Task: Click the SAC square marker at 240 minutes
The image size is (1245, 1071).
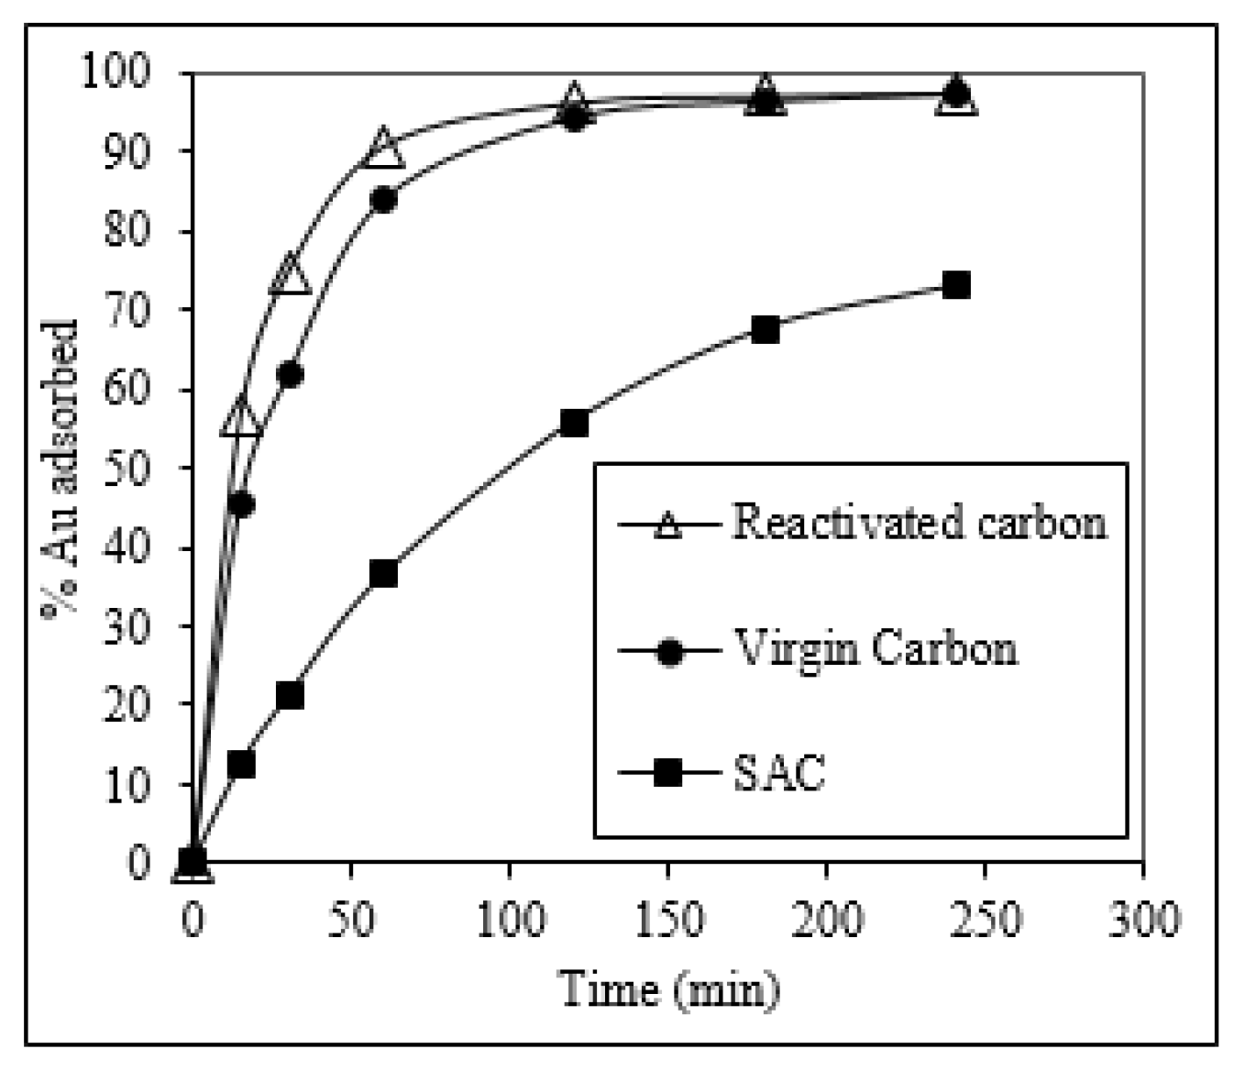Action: pos(955,285)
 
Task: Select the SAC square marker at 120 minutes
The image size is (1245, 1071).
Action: pos(573,423)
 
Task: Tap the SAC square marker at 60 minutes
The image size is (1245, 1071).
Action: pos(383,573)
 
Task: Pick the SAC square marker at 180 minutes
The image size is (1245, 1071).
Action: pos(765,330)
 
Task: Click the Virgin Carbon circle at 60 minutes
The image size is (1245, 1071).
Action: pos(383,200)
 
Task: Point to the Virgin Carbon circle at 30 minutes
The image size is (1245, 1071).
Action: pos(290,375)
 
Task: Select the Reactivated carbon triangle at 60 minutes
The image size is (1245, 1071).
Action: pos(383,149)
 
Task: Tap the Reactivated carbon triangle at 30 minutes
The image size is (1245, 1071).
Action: pos(290,275)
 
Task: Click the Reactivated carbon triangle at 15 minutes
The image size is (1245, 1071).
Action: pos(241,417)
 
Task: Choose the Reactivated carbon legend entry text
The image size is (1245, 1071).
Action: pos(919,523)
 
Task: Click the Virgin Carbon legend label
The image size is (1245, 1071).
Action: pos(875,649)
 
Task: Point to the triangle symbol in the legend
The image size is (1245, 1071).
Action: pos(669,526)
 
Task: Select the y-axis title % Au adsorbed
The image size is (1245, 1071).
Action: pos(61,469)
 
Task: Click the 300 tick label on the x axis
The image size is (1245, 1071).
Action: pos(1142,919)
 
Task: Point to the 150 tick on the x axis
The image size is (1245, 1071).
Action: pos(667,919)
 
